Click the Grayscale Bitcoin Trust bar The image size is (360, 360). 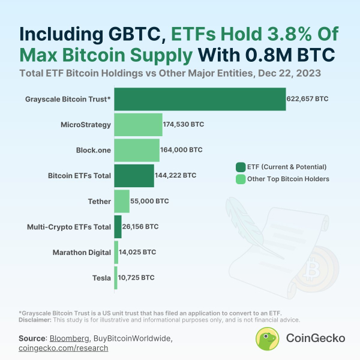point(200,99)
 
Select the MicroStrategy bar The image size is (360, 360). point(138,124)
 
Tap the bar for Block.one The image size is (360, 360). point(137,150)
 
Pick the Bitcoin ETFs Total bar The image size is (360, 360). point(134,175)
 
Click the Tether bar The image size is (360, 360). point(122,201)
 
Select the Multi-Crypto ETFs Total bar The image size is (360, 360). point(118,227)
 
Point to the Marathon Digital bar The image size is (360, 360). point(116,252)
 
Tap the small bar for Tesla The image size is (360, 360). point(115,278)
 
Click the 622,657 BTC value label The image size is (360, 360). point(307,99)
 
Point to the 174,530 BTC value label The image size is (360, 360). point(183,124)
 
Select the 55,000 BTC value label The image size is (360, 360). point(150,201)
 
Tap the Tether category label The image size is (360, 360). point(99,201)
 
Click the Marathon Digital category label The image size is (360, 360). point(82,252)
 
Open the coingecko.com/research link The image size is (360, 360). point(64,348)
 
